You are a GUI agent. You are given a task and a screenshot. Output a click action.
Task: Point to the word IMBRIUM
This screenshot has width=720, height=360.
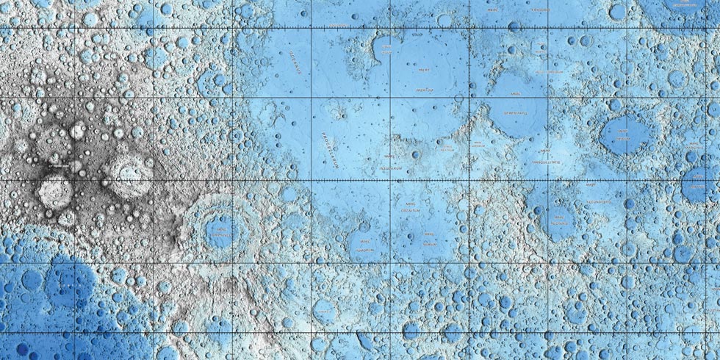tap(422, 87)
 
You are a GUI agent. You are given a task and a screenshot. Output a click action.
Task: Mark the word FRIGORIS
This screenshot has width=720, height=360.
tap(539, 10)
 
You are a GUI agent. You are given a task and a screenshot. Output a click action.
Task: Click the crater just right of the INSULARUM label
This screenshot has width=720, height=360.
tap(416, 155)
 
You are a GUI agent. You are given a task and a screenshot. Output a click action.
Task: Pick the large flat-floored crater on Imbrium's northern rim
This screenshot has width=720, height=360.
tap(444, 22)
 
